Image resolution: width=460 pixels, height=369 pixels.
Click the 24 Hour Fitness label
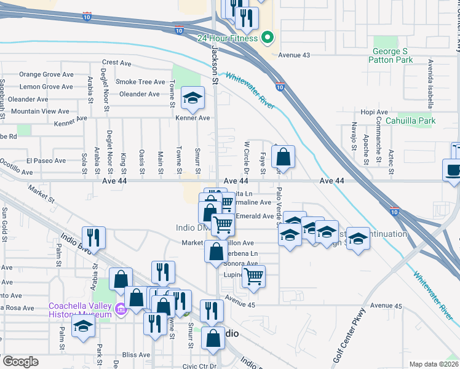[228, 38]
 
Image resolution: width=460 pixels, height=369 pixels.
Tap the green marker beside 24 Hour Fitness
[268, 38]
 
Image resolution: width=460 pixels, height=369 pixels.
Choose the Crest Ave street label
[117, 62]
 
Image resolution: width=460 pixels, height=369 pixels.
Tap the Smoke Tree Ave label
[141, 82]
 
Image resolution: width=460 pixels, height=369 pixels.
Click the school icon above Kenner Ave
[192, 98]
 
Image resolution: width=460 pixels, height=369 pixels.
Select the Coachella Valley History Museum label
[81, 311]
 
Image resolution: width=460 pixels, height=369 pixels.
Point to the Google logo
[20, 362]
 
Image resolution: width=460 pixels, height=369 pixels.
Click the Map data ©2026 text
[433, 364]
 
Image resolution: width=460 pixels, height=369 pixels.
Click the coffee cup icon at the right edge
[453, 170]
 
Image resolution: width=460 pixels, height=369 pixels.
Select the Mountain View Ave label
[41, 111]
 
